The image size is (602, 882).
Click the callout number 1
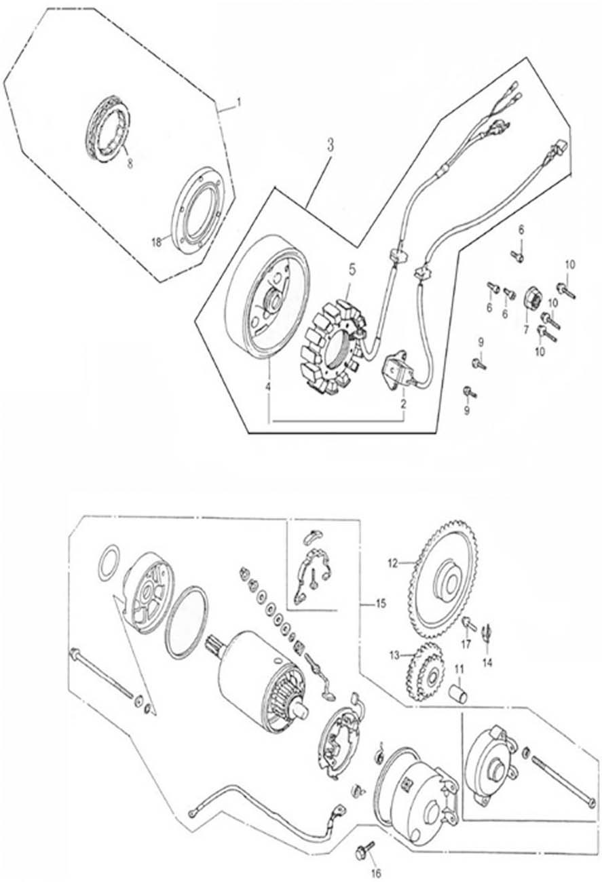coord(238,104)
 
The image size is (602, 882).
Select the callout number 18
coord(157,242)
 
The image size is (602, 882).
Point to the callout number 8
coord(130,164)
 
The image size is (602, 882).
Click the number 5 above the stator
coord(352,270)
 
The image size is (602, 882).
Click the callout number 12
coord(392,564)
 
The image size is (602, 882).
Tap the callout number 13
coord(395,655)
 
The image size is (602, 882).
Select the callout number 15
coord(381,604)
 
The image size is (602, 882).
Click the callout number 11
coord(459,669)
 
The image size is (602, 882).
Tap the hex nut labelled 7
coord(532,302)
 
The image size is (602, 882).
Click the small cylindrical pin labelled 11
coord(459,693)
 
